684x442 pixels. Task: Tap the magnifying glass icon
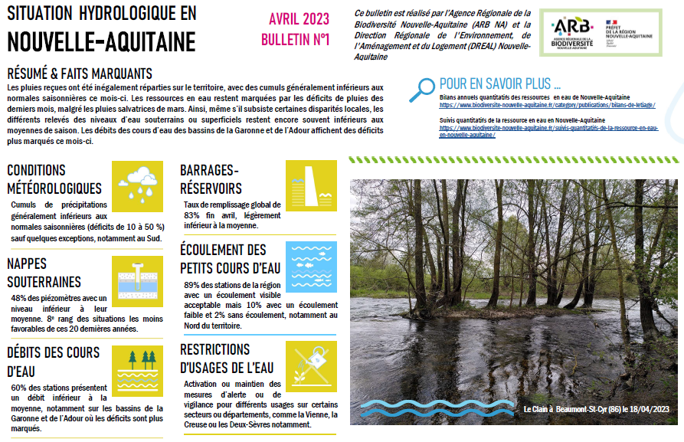click(421, 90)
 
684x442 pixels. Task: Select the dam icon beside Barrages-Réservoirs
click(311, 185)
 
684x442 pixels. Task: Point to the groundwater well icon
click(137, 281)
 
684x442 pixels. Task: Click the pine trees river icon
click(137, 370)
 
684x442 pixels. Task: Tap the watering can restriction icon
click(311, 367)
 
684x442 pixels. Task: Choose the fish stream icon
click(311, 267)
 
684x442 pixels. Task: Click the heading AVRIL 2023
click(298, 19)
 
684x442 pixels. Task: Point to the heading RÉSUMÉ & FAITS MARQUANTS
click(80, 74)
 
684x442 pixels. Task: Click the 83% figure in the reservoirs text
click(191, 216)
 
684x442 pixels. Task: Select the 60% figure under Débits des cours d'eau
click(20, 388)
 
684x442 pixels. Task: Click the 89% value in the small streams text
click(193, 285)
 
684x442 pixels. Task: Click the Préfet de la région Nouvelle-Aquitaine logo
click(629, 33)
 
